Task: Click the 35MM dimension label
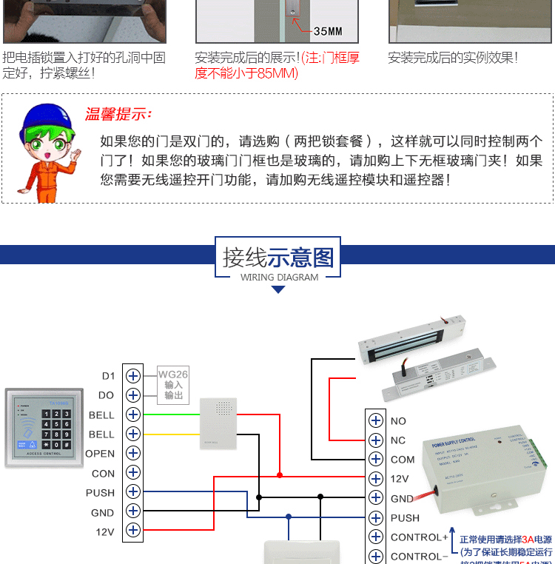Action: coord(328,31)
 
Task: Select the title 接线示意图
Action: coord(278,258)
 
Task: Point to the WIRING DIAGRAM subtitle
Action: coord(279,278)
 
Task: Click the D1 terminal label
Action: coord(108,376)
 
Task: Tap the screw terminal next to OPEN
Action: coord(133,453)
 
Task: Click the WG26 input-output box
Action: coord(173,385)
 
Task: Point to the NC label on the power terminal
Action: coord(398,440)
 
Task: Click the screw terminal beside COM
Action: coord(376,460)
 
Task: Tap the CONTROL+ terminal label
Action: coord(420,537)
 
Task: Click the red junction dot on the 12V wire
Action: coord(279,474)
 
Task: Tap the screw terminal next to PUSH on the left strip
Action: coord(133,491)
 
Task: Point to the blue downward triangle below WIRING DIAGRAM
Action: coord(278,289)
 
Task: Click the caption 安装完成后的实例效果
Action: coord(453,58)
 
